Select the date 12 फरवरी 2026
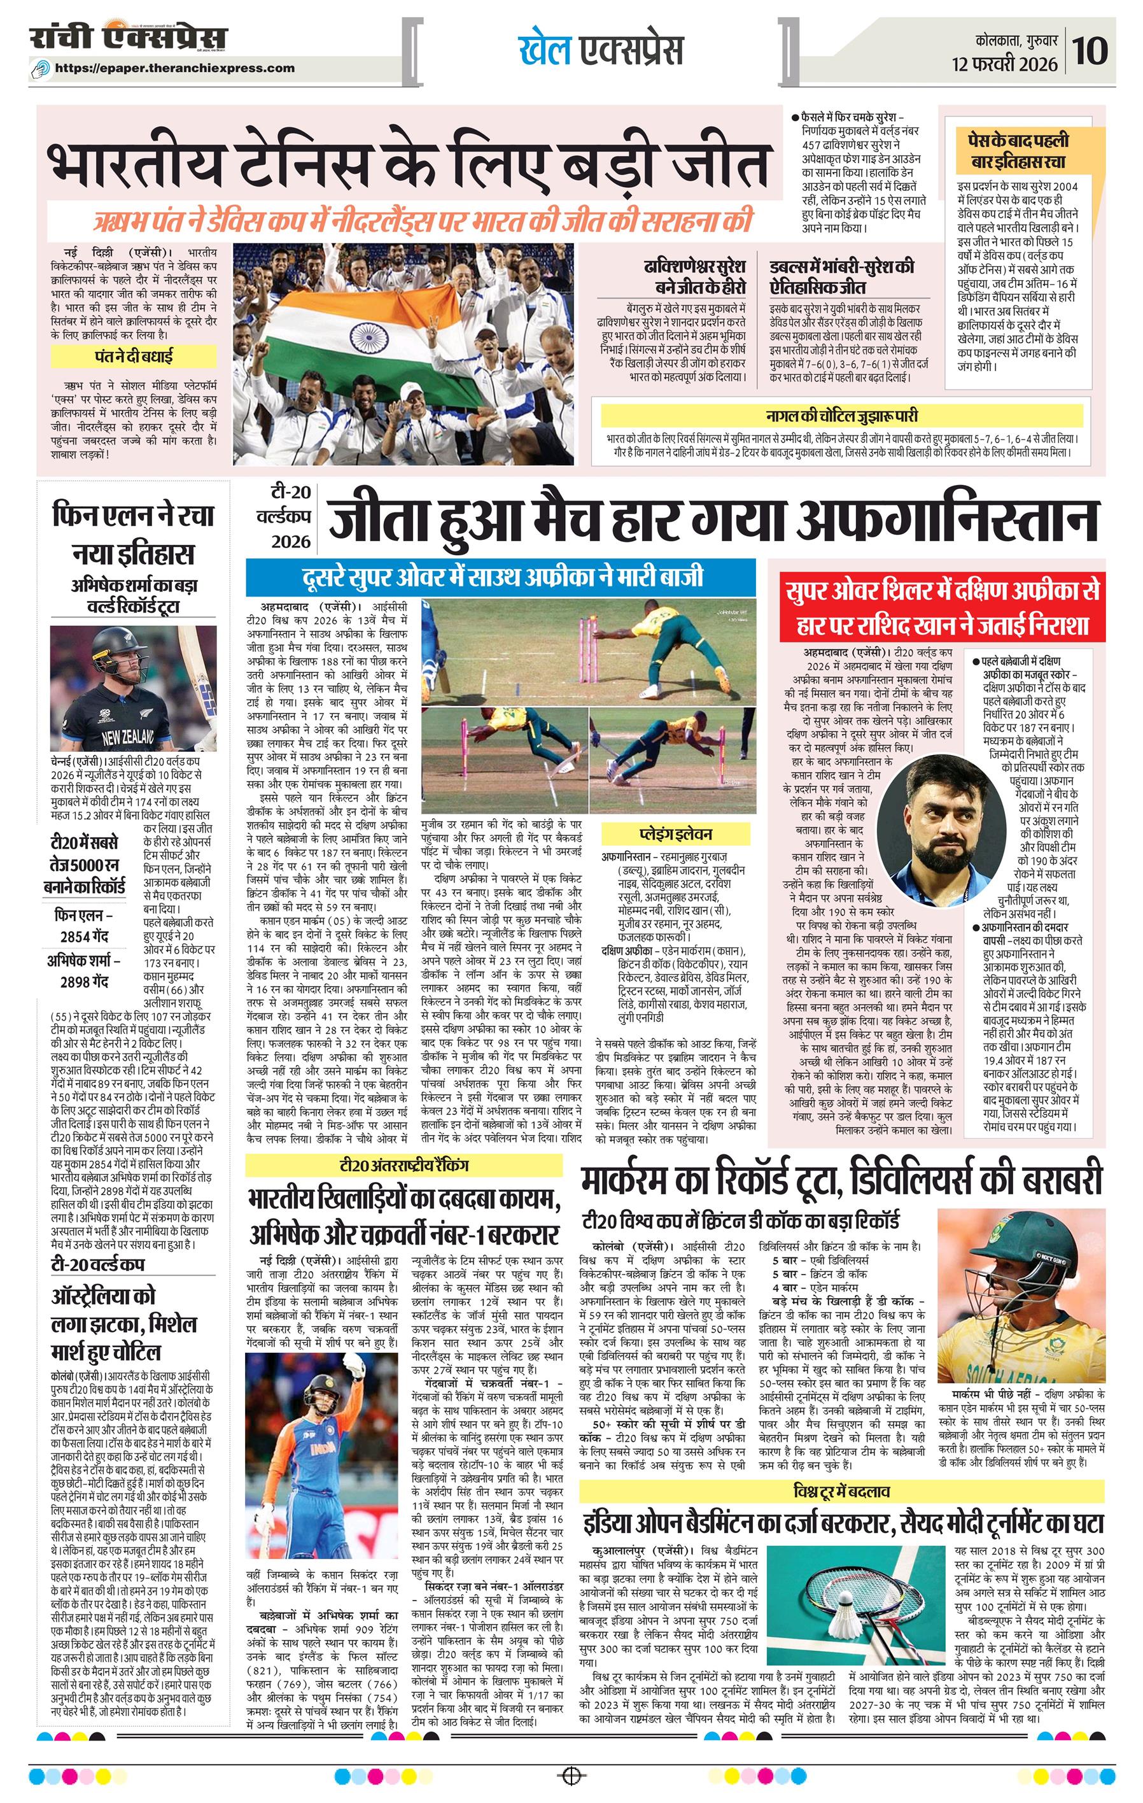pos(1004,64)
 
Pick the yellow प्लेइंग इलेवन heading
pos(675,834)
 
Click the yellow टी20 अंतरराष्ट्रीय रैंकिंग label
pos(404,1166)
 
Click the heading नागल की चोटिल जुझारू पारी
pos(841,416)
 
